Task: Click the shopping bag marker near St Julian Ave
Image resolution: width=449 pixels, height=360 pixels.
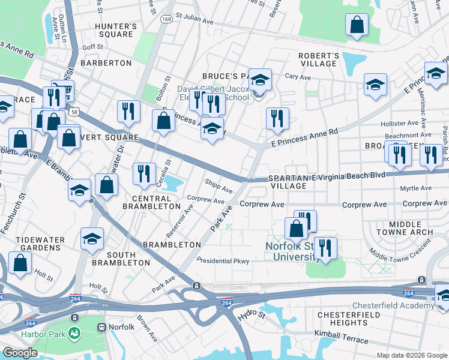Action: [x=357, y=25]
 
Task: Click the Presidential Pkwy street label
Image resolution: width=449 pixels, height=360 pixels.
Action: [x=223, y=261]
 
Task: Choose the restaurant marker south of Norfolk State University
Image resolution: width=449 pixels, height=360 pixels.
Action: [x=325, y=248]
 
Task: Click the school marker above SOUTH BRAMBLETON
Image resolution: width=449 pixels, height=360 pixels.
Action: [x=92, y=238]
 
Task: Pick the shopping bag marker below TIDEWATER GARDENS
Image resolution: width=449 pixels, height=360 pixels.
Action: [x=20, y=262]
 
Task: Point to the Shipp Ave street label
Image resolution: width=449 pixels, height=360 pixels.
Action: [x=218, y=186]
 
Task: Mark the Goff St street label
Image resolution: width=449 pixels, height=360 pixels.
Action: [x=93, y=46]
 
